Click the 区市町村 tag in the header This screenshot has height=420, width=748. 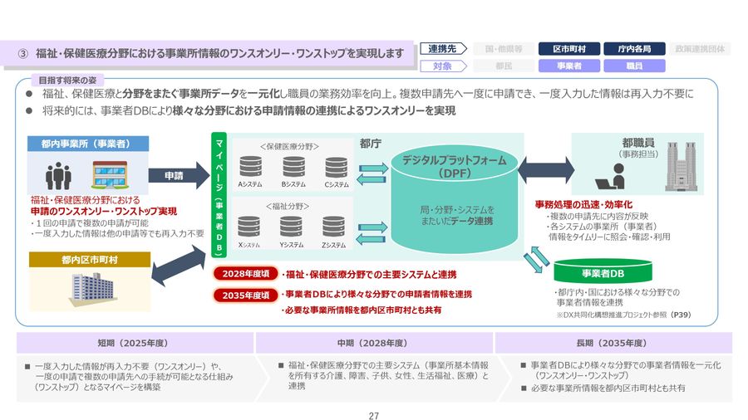click(x=568, y=49)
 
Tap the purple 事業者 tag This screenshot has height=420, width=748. click(x=568, y=66)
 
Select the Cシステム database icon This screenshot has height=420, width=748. click(x=337, y=166)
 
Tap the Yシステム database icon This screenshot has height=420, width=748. click(x=291, y=227)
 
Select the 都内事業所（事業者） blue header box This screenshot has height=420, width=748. click(x=89, y=144)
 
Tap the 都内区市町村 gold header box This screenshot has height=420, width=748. click(x=89, y=260)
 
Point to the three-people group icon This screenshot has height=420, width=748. click(x=58, y=174)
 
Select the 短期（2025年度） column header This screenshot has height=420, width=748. click(x=135, y=343)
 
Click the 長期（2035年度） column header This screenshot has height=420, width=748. click(x=613, y=343)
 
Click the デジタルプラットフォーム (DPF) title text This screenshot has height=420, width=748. click(x=454, y=166)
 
